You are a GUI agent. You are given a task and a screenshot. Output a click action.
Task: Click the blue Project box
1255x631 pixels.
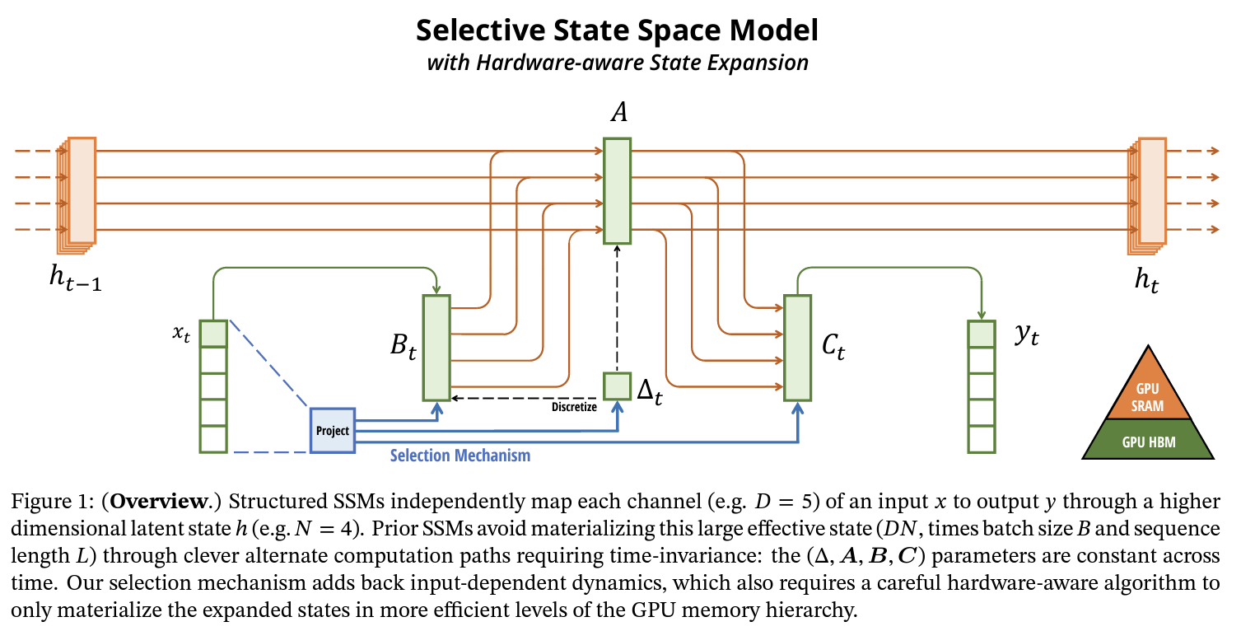(x=332, y=430)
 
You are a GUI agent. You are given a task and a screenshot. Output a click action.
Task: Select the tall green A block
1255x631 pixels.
(x=617, y=190)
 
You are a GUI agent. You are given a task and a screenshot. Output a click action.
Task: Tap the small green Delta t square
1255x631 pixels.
(x=617, y=386)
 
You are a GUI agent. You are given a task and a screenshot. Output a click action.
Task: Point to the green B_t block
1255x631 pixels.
(x=436, y=347)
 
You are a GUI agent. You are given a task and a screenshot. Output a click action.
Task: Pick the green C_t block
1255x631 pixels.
(x=797, y=347)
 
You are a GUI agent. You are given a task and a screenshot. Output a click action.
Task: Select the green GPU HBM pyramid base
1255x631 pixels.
(x=1148, y=441)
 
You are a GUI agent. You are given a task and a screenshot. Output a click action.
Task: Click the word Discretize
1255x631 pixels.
(x=574, y=406)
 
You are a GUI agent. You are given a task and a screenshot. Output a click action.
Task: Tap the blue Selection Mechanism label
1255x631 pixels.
(x=460, y=455)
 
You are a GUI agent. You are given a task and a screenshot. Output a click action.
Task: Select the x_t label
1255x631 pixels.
(x=181, y=334)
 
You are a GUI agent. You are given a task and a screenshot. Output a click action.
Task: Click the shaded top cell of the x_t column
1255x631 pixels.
(x=213, y=334)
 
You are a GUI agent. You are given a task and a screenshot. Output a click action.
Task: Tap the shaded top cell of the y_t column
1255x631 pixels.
(x=981, y=334)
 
